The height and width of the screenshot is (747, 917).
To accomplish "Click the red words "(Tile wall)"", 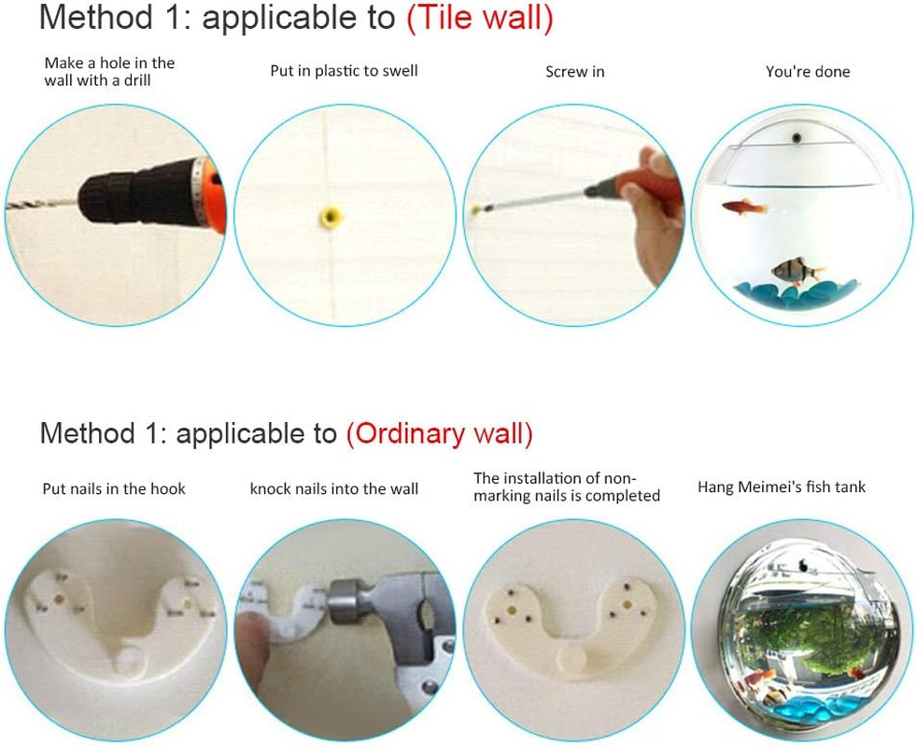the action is pyautogui.click(x=480, y=18).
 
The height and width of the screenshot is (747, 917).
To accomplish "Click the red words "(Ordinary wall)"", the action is pyautogui.click(x=439, y=433).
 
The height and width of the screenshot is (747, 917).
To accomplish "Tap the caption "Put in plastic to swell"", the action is pyautogui.click(x=344, y=71).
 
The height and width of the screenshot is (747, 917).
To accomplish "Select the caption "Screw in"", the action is pyautogui.click(x=575, y=72).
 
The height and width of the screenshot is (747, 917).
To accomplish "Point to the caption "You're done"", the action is pyautogui.click(x=808, y=72).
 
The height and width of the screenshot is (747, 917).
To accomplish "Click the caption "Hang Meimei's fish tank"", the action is pyautogui.click(x=782, y=487).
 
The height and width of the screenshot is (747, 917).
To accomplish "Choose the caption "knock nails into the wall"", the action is pyautogui.click(x=334, y=489).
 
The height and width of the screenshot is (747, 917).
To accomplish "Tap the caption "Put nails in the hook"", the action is pyautogui.click(x=114, y=489).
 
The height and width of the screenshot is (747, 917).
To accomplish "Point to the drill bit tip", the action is pyautogui.click(x=8, y=206).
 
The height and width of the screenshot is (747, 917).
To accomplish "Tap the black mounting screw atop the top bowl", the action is pyautogui.click(x=796, y=138).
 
